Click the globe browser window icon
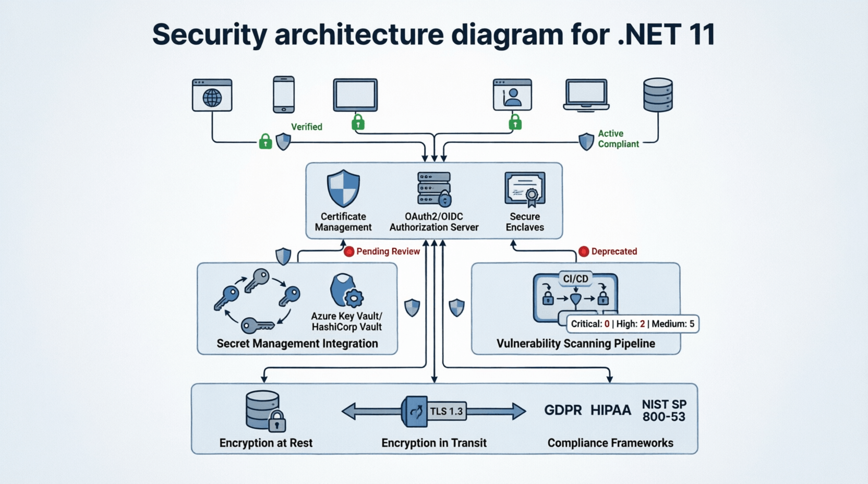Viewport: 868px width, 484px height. [x=212, y=95]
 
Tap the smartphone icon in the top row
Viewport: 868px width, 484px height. [x=284, y=94]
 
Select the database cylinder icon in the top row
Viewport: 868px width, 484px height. [x=658, y=95]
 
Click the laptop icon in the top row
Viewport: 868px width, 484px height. [x=586, y=95]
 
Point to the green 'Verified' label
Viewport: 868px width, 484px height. [x=306, y=127]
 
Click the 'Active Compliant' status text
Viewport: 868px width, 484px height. [x=618, y=139]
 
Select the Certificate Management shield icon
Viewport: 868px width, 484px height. [x=343, y=188]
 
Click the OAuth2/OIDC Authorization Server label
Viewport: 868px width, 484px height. [x=434, y=222]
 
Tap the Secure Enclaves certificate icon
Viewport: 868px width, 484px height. [x=525, y=189]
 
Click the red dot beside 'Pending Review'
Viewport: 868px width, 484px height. [x=349, y=251]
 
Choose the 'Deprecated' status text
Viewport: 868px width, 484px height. [x=614, y=251]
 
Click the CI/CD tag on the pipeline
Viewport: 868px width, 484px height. [x=575, y=279]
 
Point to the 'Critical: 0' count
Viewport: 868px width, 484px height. [x=590, y=324]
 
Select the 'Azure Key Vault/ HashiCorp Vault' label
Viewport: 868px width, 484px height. [x=347, y=321]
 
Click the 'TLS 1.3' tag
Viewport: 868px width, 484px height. [x=447, y=411]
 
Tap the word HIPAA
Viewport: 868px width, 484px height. [x=610, y=410]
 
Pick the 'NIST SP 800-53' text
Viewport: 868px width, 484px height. [x=664, y=410]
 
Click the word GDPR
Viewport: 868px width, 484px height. [x=563, y=410]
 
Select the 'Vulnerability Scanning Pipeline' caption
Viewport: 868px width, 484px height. [x=575, y=343]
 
